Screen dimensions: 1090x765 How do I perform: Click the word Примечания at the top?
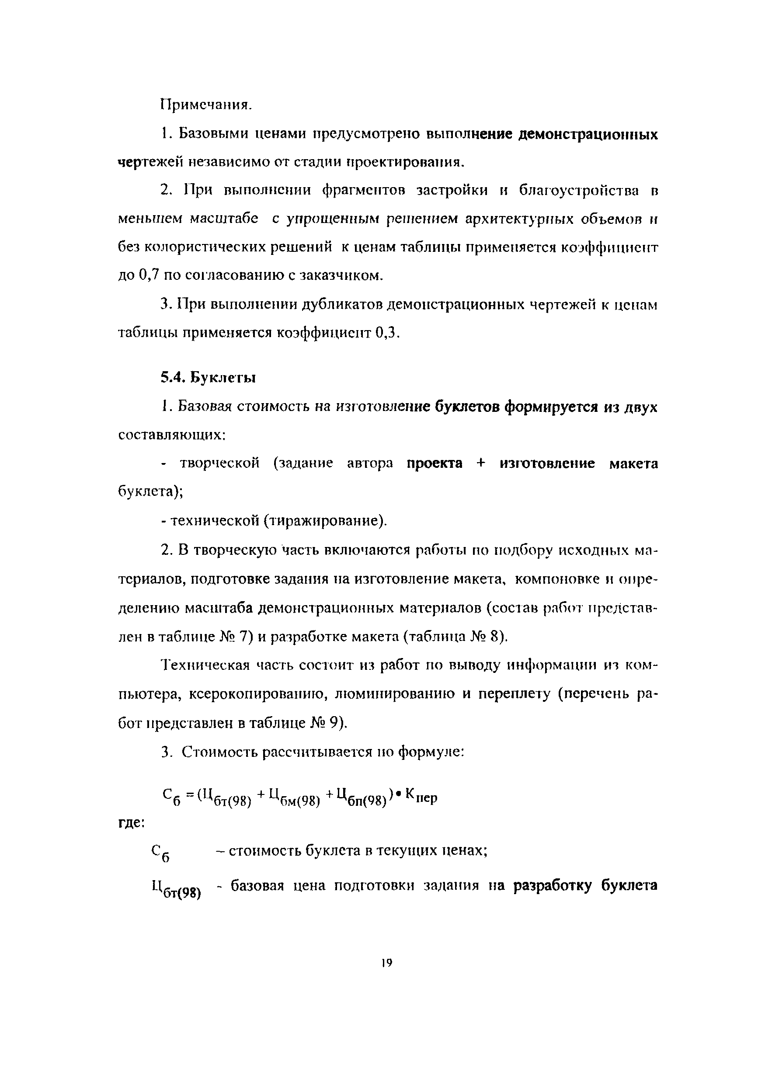click(x=205, y=104)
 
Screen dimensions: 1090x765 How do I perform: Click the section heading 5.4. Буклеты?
click(x=208, y=378)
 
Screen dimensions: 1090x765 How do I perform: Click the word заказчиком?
click(x=342, y=275)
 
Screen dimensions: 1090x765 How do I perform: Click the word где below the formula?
click(x=131, y=823)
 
